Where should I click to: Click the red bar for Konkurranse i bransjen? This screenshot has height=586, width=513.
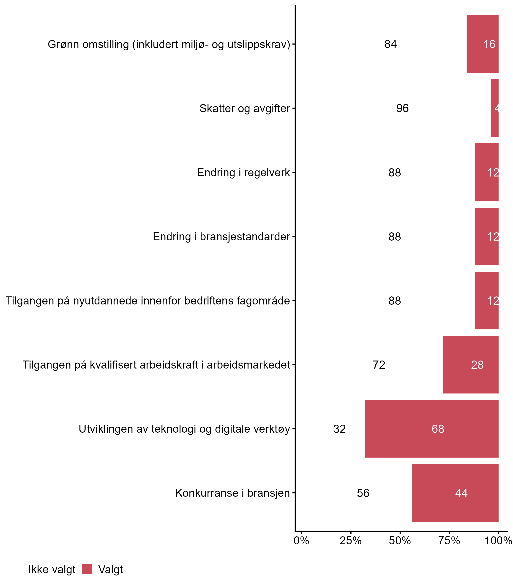point(455,493)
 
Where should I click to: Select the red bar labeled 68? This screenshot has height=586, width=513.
point(431,429)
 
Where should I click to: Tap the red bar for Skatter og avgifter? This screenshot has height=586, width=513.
point(494,108)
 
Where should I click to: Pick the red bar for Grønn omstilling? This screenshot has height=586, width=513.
point(483,44)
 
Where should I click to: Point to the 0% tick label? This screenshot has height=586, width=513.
point(301,540)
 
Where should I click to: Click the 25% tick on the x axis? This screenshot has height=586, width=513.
point(351,540)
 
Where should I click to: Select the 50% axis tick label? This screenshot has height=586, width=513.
point(400,540)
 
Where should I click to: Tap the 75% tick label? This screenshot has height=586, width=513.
point(449,540)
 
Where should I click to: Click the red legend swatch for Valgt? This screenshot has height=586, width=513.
point(87,569)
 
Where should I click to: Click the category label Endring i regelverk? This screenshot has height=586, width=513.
point(243,173)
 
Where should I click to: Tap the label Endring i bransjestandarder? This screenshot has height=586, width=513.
point(221,237)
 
